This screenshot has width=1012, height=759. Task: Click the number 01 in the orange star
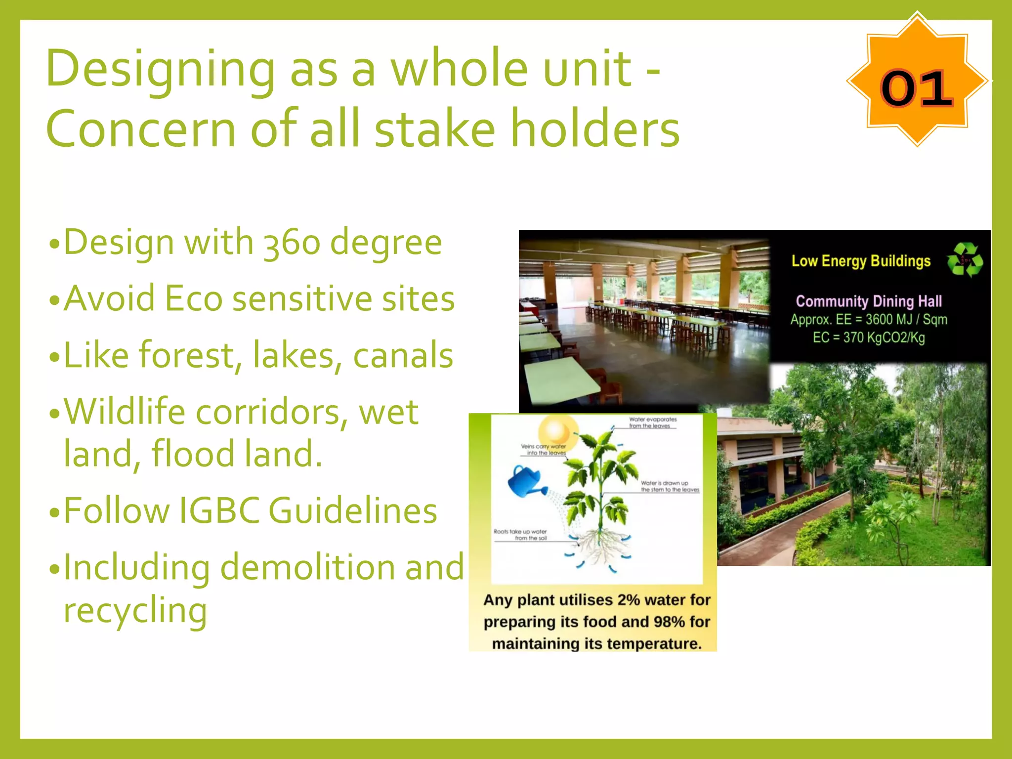(x=916, y=88)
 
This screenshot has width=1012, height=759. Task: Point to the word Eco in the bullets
(x=193, y=299)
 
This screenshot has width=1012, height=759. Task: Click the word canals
(x=403, y=355)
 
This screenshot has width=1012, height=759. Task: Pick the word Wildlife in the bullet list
(x=124, y=412)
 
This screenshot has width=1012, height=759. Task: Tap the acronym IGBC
(x=218, y=510)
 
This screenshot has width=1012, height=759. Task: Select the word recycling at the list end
(x=135, y=611)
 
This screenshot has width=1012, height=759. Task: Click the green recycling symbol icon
(x=964, y=259)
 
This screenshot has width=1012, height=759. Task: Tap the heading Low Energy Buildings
(x=861, y=261)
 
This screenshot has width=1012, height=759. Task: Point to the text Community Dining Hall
(x=869, y=301)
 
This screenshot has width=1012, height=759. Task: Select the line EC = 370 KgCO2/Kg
(x=869, y=338)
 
